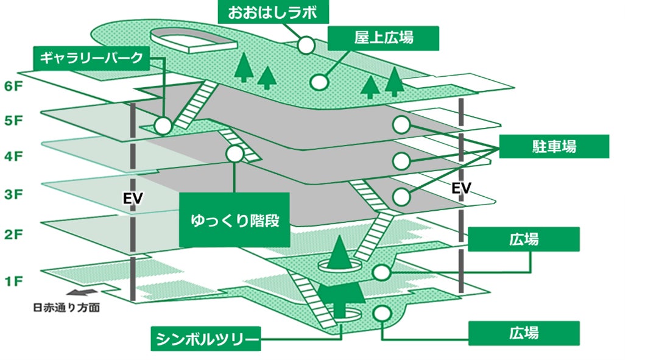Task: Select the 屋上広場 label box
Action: pyautogui.click(x=384, y=38)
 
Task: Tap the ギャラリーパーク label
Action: pyautogui.click(x=90, y=58)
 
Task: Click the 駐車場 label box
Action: pyautogui.click(x=554, y=147)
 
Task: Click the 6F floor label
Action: pyautogui.click(x=13, y=86)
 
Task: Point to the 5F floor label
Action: pyautogui.click(x=13, y=121)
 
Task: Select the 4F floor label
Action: pyautogui.click(x=13, y=157)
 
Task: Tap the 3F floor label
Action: pyautogui.click(x=13, y=195)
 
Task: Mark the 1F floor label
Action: pyautogui.click(x=13, y=281)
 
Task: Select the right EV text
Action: pyautogui.click(x=462, y=189)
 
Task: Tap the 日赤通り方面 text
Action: pyautogui.click(x=66, y=308)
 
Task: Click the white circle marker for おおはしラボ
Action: pyautogui.click(x=306, y=44)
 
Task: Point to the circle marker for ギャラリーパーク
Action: pyautogui.click(x=163, y=126)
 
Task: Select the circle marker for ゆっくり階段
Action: pyautogui.click(x=234, y=154)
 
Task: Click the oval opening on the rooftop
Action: pyautogui.click(x=194, y=41)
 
